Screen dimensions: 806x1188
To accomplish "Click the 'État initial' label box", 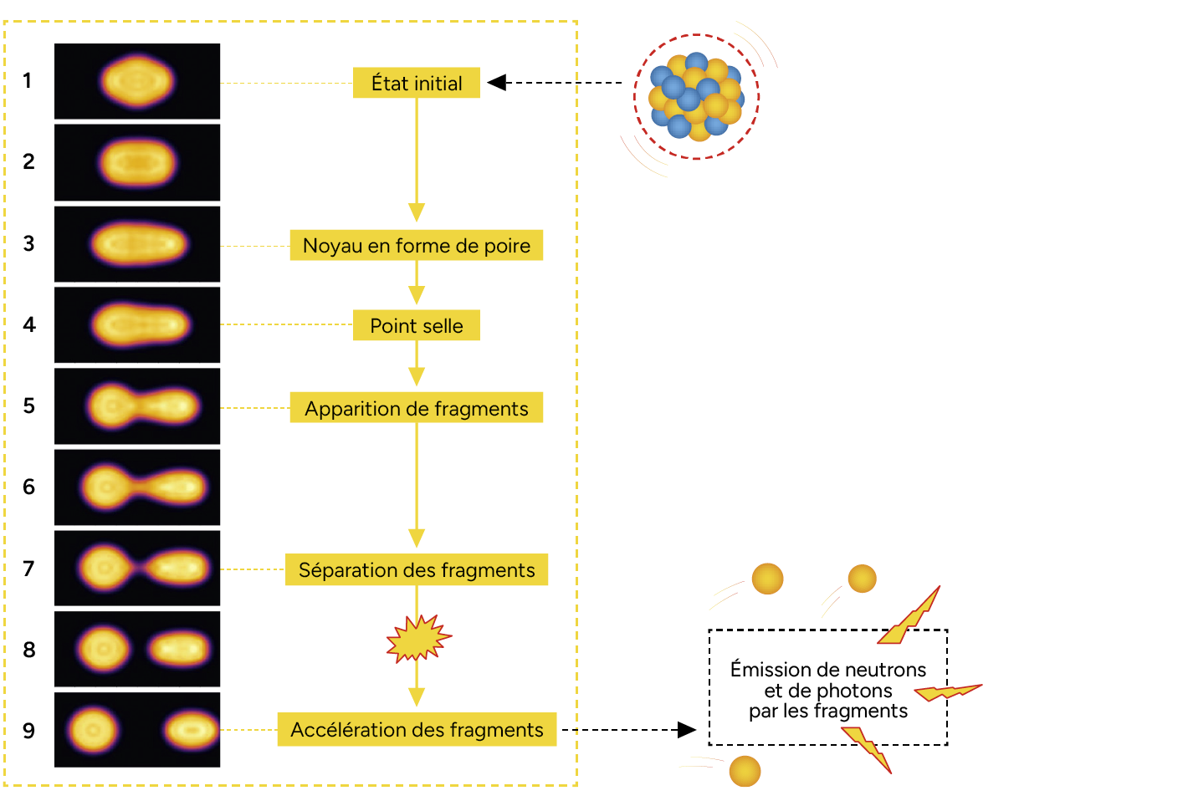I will coord(416,83).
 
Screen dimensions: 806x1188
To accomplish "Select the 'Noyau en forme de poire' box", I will coord(416,245).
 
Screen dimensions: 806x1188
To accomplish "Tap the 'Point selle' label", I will coord(416,325).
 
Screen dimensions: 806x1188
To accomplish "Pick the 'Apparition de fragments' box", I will coord(416,408).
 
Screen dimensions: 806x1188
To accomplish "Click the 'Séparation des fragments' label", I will coord(416,570).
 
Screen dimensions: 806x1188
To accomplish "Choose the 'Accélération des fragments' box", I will coord(416,730).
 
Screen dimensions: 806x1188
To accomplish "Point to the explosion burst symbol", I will coord(417,639).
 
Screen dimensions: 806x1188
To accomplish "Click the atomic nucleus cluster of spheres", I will coord(696,96).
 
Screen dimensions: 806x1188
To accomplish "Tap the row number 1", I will coord(28,80).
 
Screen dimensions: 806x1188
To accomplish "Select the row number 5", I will coord(29,406).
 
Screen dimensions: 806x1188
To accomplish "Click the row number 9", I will coord(29,731).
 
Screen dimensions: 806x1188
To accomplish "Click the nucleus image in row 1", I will coord(137,81).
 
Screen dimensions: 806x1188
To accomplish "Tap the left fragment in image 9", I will coord(93,730).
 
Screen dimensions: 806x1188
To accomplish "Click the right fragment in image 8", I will coord(180,649).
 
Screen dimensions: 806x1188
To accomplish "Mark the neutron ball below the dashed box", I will coord(745,771).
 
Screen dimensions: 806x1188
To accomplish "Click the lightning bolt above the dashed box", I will coord(912,617).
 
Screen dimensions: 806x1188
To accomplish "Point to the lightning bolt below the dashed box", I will coord(868,748).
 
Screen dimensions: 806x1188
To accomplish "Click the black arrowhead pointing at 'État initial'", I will coord(497,82).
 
